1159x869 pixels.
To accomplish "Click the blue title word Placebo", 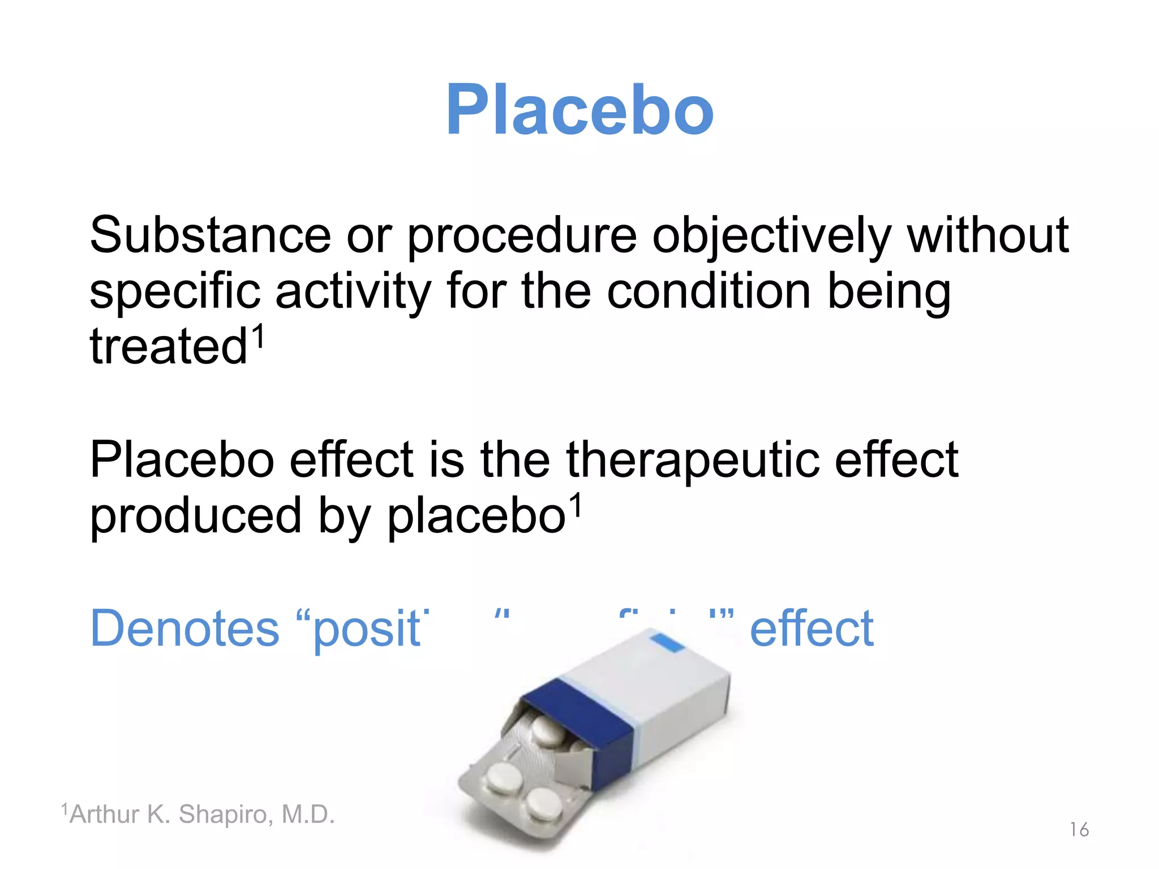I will [579, 110].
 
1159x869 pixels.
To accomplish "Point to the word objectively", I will [772, 236].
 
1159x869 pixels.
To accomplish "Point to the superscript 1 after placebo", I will [575, 505].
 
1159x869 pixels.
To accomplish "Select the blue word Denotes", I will [185, 628].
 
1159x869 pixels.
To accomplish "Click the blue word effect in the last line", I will [812, 628].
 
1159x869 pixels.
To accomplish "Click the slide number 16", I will [1079, 829].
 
